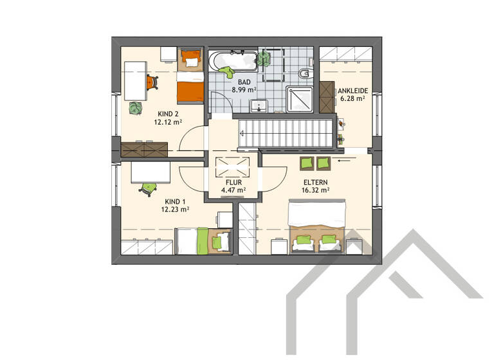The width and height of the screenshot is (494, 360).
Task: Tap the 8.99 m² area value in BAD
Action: [x=244, y=91]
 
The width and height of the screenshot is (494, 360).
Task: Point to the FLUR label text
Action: [x=232, y=182]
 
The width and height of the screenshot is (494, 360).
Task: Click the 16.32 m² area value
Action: [x=316, y=190]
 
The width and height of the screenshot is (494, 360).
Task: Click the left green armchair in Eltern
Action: [x=306, y=163]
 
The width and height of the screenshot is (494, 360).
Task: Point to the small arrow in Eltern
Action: [x=344, y=163]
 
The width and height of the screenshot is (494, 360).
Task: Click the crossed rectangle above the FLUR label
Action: [x=232, y=166]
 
